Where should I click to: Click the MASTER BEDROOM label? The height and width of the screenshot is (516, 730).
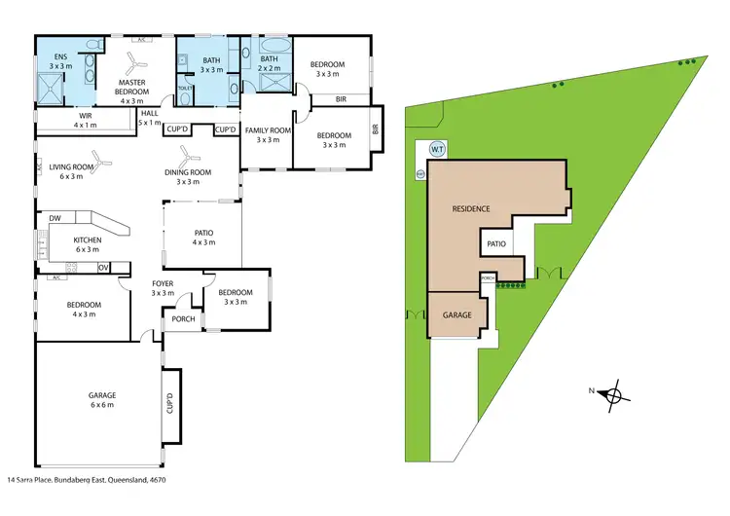click(x=139, y=89)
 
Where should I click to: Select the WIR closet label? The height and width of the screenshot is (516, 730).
click(x=85, y=120)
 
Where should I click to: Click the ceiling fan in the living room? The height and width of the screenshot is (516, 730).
click(x=98, y=159)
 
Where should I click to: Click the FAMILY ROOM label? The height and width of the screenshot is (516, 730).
click(x=268, y=134)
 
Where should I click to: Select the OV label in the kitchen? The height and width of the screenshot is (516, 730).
click(x=102, y=267)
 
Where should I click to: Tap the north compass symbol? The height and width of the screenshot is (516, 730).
click(x=611, y=394)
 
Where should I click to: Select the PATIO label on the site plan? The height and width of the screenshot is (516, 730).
click(x=497, y=243)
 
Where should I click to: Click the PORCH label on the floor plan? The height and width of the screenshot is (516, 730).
click(x=183, y=319)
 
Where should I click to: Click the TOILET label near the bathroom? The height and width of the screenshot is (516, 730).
click(x=185, y=88)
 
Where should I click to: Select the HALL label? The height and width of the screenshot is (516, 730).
click(x=149, y=118)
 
